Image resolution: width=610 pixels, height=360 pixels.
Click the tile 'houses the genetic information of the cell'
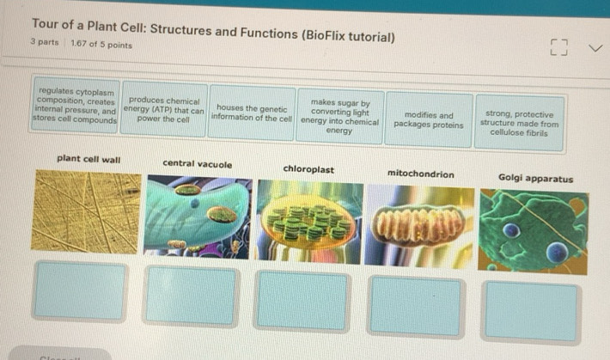[x=251, y=113]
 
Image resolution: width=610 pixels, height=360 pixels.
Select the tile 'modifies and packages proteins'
[x=428, y=119]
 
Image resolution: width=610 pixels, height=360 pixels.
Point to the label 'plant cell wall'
[x=88, y=159]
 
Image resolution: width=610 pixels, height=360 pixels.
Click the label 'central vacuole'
[x=197, y=163]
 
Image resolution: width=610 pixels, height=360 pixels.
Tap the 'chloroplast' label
[x=308, y=169]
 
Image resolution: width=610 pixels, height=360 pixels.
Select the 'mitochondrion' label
[x=420, y=173]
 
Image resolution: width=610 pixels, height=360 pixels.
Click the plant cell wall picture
[x=85, y=211]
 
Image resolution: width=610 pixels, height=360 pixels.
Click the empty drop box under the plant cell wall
[x=80, y=290]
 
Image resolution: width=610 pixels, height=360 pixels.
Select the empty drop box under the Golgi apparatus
[x=532, y=310]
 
